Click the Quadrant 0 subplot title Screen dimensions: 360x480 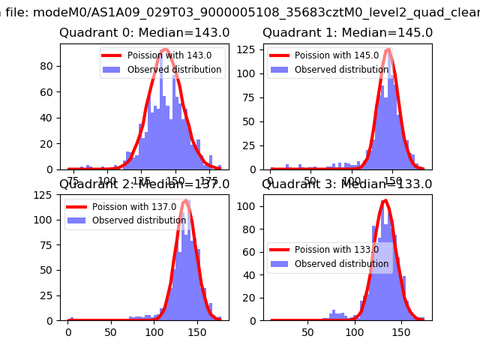coord(145,33)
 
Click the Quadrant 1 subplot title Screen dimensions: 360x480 coord(347,33)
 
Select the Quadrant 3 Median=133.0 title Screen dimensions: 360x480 coord(347,184)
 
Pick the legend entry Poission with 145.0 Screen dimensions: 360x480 coord(336,56)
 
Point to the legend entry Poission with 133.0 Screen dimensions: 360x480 coord(336,250)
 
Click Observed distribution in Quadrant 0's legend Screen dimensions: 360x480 coord(174,70)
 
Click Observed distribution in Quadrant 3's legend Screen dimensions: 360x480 coord(341,264)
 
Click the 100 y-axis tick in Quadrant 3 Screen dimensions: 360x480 coord(252,205)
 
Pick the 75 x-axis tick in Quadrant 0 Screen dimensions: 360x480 coord(73,181)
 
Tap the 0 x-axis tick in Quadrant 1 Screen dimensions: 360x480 coord(271,181)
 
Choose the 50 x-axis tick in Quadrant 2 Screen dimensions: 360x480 coord(111,331)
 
